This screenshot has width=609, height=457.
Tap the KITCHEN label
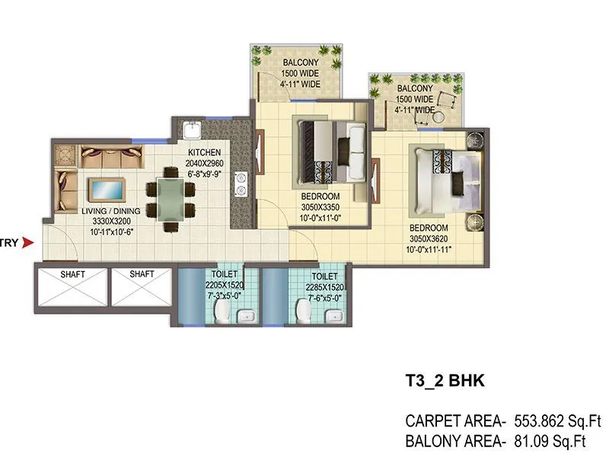coord(205,152)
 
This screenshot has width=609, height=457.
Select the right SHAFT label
coord(142,274)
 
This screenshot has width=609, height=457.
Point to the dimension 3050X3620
coord(428,238)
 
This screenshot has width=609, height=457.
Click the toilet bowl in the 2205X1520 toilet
coord(222,310)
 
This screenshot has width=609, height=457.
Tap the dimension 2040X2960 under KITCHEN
coord(205,162)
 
